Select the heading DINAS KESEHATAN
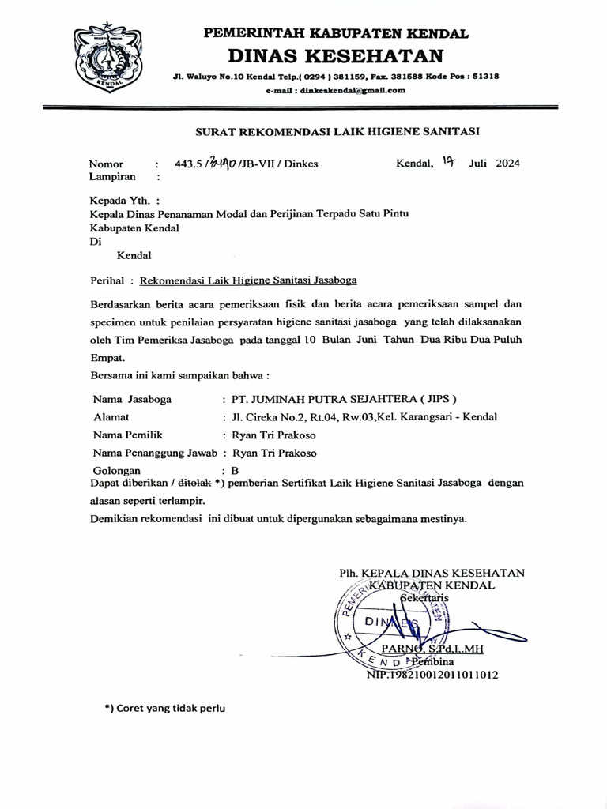336,56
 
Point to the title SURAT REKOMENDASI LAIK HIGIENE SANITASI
337,131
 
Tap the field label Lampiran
112,178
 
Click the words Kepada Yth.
119,201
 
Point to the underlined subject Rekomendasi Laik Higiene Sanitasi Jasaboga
248,280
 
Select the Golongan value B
235,470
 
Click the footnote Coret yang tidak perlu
165,708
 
